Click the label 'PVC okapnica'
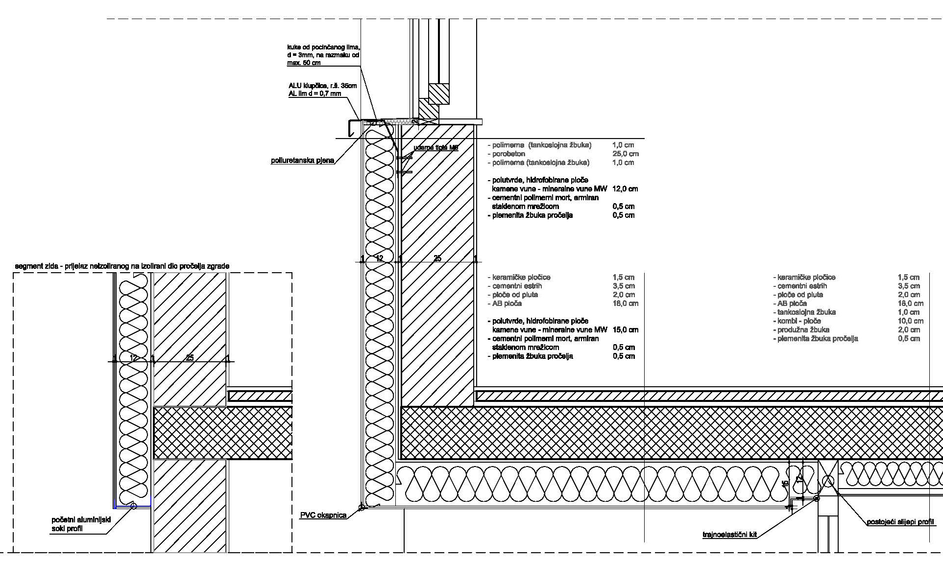(x=323, y=515)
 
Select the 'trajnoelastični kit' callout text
(x=729, y=535)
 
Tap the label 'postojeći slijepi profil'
(x=900, y=522)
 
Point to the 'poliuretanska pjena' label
(x=302, y=161)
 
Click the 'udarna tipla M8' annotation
(x=435, y=147)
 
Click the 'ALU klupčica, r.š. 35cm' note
(x=322, y=86)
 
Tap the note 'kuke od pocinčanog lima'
(x=323, y=47)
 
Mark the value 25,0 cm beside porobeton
(x=625, y=154)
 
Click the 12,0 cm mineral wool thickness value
(x=625, y=189)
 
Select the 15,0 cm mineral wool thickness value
(x=625, y=330)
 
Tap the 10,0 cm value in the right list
(x=910, y=321)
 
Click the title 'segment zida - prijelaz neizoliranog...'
(x=122, y=266)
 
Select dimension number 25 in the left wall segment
(x=190, y=358)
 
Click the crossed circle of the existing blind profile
(x=828, y=482)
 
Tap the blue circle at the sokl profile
(x=133, y=506)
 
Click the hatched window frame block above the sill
(x=439, y=94)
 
